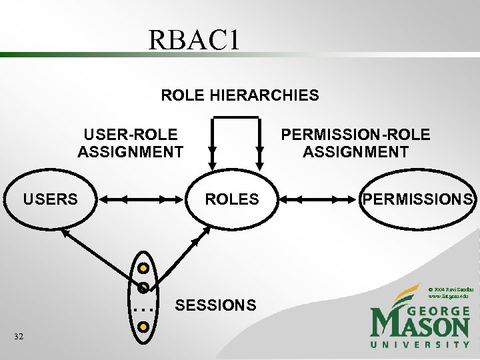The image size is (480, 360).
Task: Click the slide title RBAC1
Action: pos(193,41)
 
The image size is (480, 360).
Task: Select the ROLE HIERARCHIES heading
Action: pos(240,95)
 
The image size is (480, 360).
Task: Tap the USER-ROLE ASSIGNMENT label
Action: pos(130,143)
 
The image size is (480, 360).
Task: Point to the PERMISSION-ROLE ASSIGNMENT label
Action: pos(355,143)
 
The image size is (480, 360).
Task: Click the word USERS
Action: pos(51,199)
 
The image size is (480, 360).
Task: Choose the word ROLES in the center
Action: pos(232,199)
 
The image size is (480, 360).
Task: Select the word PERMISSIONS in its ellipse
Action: pos(418,199)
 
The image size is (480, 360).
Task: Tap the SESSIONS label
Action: pos(215,305)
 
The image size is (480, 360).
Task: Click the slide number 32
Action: pos(19,337)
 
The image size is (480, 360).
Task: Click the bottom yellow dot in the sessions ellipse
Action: pos(143,327)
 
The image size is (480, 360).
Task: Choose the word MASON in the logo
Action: pos(420,327)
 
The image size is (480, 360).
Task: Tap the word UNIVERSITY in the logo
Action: pos(420,345)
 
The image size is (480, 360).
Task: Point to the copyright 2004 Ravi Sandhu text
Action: pos(451,291)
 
